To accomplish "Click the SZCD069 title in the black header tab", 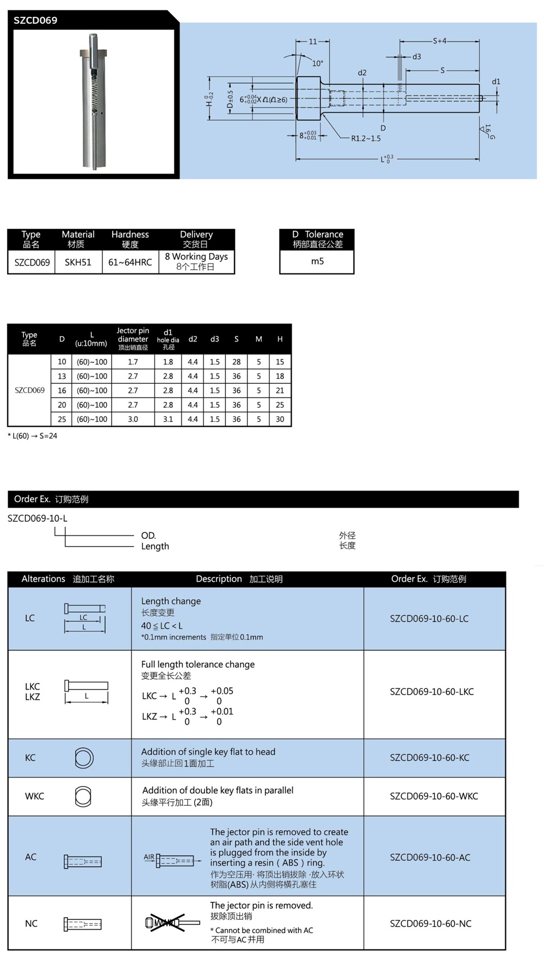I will pos(35,21).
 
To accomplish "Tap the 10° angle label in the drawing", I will pos(317,64).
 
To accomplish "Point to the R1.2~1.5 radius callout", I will pos(366,139).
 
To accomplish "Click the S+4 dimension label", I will pos(440,41).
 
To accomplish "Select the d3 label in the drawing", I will pos(416,57).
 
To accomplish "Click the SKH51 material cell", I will pos(78,262).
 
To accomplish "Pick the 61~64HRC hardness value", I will pos(130,262).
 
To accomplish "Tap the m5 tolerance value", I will pos(317,262).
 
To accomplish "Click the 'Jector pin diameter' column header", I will pos(133,338).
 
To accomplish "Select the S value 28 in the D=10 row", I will pos(236,362).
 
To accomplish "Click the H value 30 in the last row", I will pos(280,419).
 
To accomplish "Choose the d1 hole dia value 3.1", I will pos(168,419).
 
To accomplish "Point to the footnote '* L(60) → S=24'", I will pos(33,436).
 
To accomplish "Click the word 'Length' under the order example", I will pos(155,546).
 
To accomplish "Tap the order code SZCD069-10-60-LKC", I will pos(431,692).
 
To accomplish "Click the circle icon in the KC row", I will pos(84,758).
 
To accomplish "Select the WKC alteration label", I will pos(34,796).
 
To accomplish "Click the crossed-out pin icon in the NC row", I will pos(166,923).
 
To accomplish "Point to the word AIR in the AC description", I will pos(149,857).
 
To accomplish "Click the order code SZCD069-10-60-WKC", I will pos(434,796).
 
